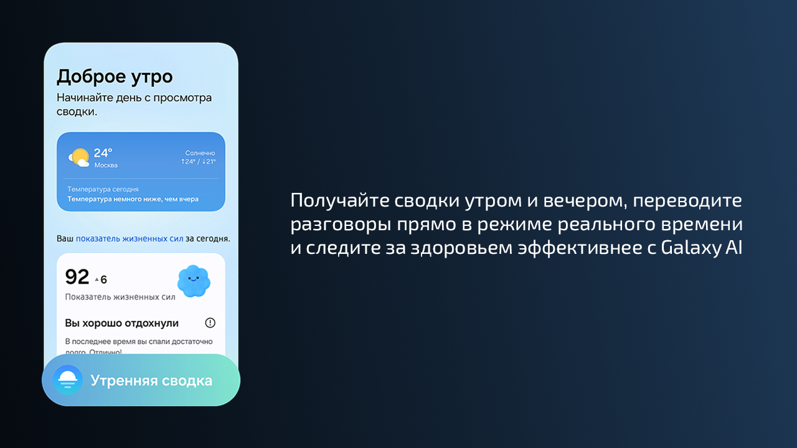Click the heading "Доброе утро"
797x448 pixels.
coord(115,77)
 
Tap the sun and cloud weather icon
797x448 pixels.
coord(79,157)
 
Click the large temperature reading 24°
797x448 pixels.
coord(103,153)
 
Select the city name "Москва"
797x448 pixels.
coord(106,166)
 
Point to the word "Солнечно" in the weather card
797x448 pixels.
coord(200,153)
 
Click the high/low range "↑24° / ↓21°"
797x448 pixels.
coord(198,162)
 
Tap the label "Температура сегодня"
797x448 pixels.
coord(103,189)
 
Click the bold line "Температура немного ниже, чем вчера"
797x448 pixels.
coord(133,199)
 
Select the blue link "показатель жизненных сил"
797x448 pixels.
coord(130,238)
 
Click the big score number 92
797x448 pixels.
coord(77,277)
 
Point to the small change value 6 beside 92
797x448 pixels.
coord(103,279)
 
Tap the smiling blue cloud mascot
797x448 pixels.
coord(194,281)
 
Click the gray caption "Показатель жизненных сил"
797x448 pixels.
coord(120,297)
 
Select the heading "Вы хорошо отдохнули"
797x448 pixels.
coord(122,323)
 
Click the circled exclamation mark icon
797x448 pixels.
coord(210,323)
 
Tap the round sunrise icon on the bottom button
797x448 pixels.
coord(68,380)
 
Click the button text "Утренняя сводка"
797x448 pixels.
coord(151,381)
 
